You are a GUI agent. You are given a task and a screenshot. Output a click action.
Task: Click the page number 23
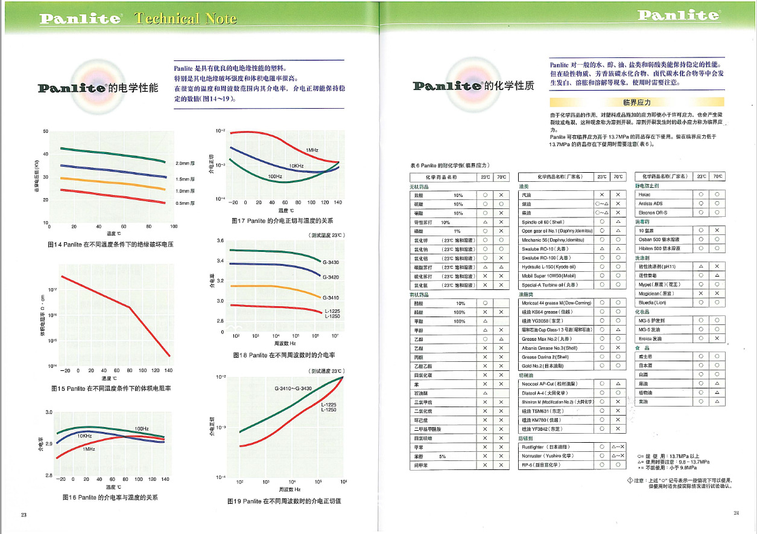tap(24, 515)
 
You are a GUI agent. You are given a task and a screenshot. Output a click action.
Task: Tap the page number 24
tap(736, 513)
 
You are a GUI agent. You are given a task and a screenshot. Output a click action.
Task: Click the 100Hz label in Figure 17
tap(275, 176)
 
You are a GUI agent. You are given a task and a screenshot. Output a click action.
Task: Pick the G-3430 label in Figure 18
tap(331, 262)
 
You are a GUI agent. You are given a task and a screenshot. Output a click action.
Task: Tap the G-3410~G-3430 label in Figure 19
tap(293, 388)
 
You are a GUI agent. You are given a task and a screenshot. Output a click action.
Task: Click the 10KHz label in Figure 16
tap(84, 436)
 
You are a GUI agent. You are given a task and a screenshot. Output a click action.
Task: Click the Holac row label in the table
tap(645, 195)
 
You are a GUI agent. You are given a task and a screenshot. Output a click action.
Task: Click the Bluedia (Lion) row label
tap(652, 302)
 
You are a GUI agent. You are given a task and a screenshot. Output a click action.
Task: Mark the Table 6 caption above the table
tap(446, 165)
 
